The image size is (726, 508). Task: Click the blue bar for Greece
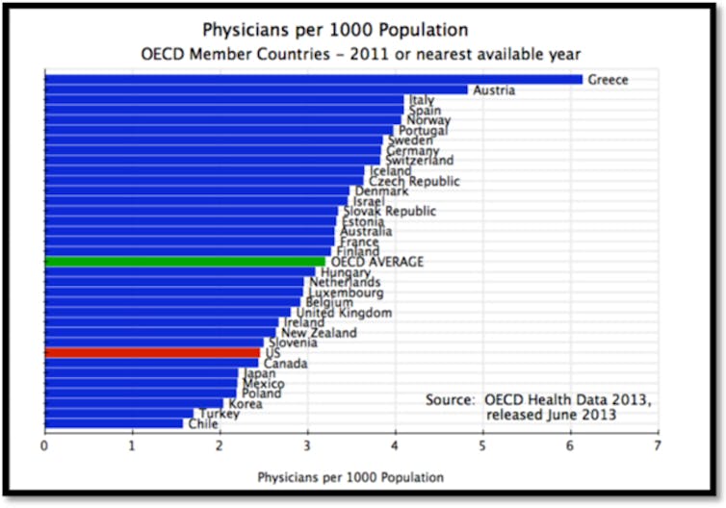tap(313, 80)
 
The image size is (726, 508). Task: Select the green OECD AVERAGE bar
tap(184, 262)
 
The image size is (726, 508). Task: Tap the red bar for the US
tap(152, 353)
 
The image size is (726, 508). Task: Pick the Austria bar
tap(255, 90)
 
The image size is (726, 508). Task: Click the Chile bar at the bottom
tap(113, 423)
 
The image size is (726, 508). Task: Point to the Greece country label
tap(608, 80)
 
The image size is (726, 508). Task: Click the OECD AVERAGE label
tap(376, 262)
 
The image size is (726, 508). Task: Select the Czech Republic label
tap(414, 181)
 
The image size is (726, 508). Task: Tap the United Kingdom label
tap(344, 313)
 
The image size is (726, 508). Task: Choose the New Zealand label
tap(318, 333)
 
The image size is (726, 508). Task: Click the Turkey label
tap(219, 414)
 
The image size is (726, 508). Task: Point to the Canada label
tap(286, 364)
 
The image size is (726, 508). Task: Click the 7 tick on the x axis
tap(658, 446)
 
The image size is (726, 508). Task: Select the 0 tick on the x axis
tap(44, 446)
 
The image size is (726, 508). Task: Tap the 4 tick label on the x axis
tap(395, 446)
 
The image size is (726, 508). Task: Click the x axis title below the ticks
tap(350, 476)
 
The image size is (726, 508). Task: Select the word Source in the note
tap(450, 399)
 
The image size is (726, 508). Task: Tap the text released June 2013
tap(551, 416)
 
